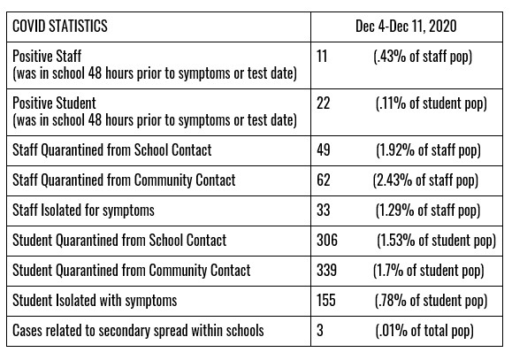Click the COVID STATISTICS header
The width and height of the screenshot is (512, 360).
[x=60, y=27]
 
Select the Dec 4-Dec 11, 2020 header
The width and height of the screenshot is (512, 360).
[x=406, y=27]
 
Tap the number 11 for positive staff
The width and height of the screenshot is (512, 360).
[x=322, y=57]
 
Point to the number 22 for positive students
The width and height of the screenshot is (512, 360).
[x=324, y=103]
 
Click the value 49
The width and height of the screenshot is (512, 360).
[x=324, y=150]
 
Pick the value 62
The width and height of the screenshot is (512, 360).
[x=324, y=180]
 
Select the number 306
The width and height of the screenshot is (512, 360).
[x=327, y=241]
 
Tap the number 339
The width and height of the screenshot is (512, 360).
[x=326, y=271]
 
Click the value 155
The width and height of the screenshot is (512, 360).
[x=326, y=301]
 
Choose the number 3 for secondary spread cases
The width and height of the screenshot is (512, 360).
[x=320, y=331]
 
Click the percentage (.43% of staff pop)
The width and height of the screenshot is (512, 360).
[x=423, y=57]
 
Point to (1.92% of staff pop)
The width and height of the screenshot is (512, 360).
[x=428, y=151]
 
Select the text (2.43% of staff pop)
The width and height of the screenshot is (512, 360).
[x=425, y=181]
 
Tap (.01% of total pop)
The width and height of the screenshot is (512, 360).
[x=424, y=331]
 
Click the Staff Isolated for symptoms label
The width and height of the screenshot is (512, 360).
[x=83, y=211]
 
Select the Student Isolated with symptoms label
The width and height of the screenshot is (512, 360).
[x=95, y=301]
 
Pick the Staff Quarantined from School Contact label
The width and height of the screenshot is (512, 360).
[x=112, y=150]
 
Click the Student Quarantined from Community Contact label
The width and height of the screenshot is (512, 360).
[x=131, y=271]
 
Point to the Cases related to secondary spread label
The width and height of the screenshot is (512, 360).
[x=138, y=331]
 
